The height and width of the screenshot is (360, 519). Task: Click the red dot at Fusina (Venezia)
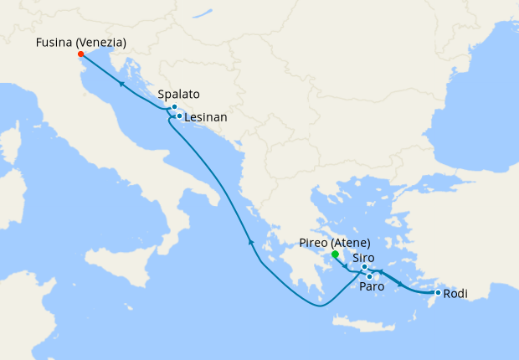(x=80, y=54)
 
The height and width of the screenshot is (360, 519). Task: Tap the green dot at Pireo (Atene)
(x=335, y=254)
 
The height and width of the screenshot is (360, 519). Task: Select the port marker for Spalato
(x=174, y=107)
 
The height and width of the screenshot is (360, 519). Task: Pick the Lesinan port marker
(x=179, y=116)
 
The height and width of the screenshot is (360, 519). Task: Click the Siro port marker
(x=364, y=267)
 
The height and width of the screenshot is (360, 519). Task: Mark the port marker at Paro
(x=369, y=276)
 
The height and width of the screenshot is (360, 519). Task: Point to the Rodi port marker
(x=438, y=292)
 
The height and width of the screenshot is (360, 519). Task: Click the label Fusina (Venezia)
(x=82, y=43)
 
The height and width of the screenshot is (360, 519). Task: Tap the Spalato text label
(x=177, y=95)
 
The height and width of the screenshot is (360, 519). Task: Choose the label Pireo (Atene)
(x=334, y=243)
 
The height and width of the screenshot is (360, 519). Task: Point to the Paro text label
(x=372, y=287)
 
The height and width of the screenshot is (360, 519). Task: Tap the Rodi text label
(x=455, y=294)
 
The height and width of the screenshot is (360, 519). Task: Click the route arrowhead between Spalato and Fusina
(x=121, y=85)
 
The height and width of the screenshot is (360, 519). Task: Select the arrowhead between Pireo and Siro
(x=345, y=266)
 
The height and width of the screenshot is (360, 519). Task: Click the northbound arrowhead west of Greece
(x=250, y=241)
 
